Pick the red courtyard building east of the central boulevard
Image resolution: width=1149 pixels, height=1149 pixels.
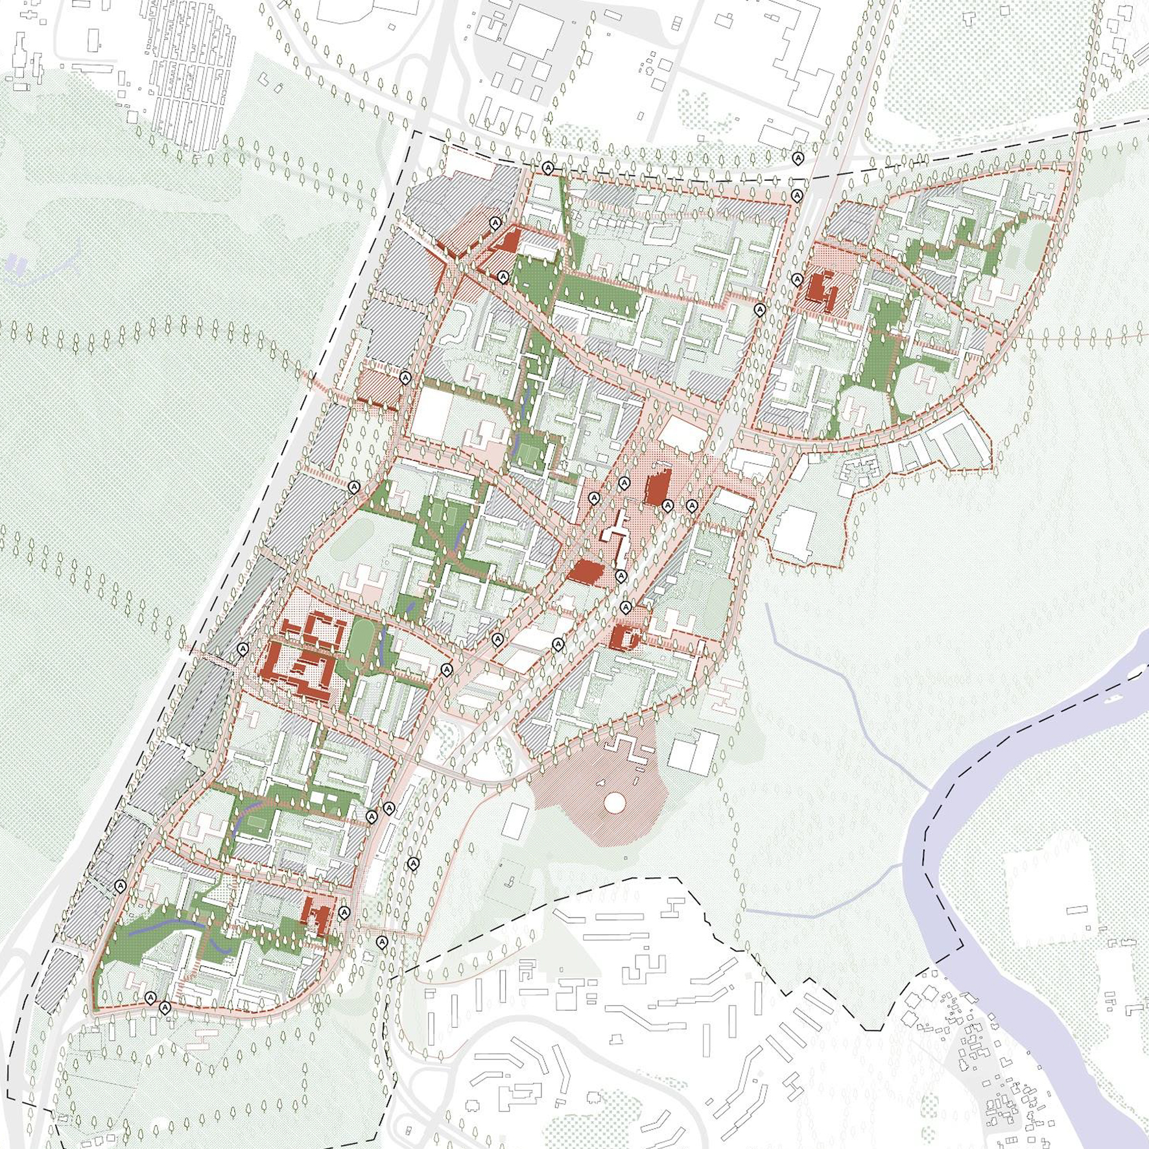coord(624,637)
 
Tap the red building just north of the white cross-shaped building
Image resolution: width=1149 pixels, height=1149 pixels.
coord(658,488)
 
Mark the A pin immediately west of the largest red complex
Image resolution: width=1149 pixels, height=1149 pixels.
coord(243,648)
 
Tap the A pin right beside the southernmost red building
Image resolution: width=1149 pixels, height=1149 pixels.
coord(344,912)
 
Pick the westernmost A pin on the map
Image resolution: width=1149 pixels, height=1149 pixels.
coord(120,886)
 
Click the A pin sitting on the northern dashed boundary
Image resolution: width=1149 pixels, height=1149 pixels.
coord(548,168)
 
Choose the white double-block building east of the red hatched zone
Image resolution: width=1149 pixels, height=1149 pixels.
coord(694,752)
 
